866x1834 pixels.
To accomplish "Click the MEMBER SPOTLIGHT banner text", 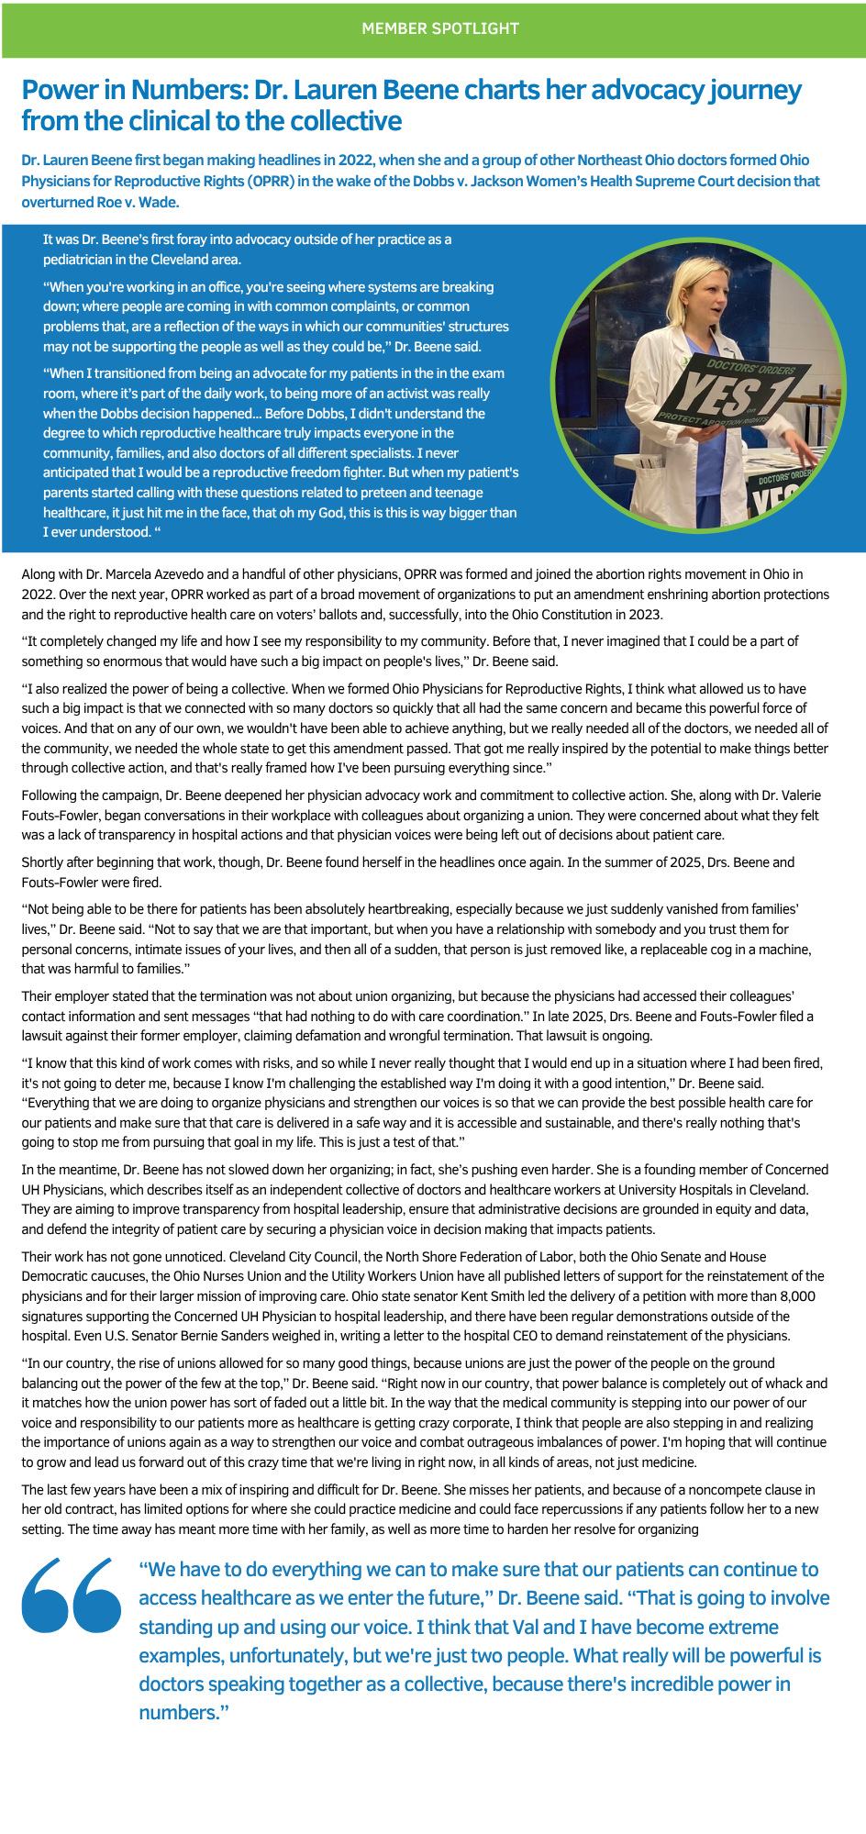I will [440, 28].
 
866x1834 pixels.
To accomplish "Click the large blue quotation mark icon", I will [72, 1595].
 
